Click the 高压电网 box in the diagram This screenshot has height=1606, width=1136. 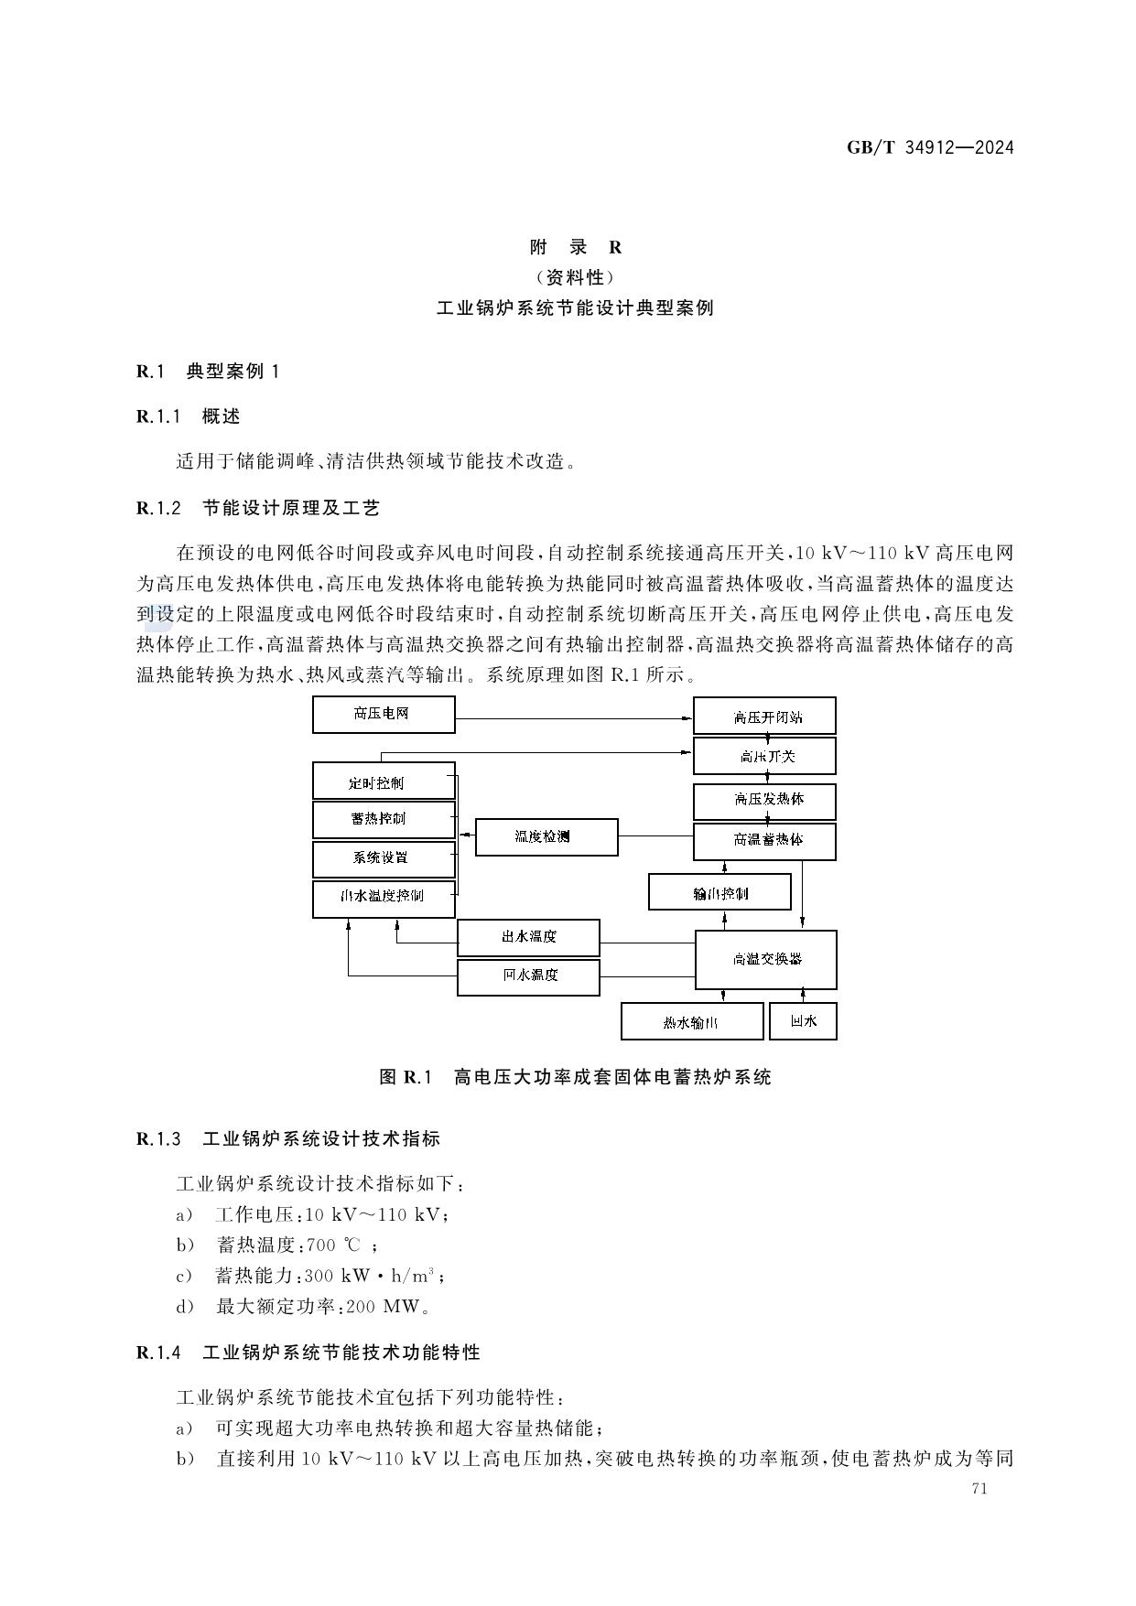[384, 715]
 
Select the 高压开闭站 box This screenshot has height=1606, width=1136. [764, 717]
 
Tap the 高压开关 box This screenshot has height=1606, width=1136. [764, 756]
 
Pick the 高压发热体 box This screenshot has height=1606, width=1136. [764, 800]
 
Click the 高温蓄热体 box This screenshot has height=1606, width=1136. [764, 840]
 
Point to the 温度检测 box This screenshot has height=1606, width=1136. [546, 836]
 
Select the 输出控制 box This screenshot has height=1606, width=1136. [719, 892]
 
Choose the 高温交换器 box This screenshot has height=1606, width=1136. [766, 959]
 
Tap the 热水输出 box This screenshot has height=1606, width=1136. [692, 1021]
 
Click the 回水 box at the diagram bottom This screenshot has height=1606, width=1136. [803, 1020]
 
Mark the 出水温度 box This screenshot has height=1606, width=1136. [528, 937]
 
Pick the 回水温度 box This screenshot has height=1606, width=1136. [528, 976]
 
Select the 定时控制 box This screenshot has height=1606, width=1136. [384, 781]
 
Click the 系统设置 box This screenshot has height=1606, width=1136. [384, 858]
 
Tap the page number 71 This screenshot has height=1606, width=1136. [979, 1488]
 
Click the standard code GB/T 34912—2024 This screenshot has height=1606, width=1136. [930, 147]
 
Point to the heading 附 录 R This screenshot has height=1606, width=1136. [576, 247]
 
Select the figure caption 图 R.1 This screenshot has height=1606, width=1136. [575, 1077]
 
